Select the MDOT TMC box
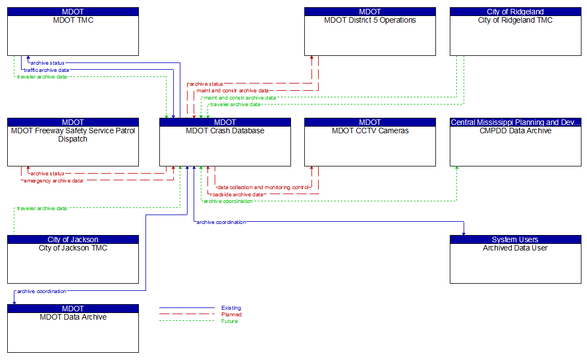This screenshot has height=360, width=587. point(72,35)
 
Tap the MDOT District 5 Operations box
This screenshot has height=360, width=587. point(370,35)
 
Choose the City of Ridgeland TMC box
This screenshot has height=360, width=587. point(515,35)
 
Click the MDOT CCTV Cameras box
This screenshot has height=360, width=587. point(370,146)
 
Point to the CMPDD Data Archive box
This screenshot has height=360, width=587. point(515,146)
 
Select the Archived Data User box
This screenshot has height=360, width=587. point(515,263)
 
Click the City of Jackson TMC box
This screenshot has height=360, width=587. point(72,263)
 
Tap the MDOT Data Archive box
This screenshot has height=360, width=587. point(72,332)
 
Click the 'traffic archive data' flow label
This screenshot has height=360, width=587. point(46,70)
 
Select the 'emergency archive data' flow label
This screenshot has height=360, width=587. point(53,181)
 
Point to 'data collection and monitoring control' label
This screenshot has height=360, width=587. point(263,187)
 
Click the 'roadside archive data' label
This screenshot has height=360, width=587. point(237,195)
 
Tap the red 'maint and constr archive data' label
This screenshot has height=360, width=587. point(233,90)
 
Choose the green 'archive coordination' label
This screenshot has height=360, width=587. point(228,201)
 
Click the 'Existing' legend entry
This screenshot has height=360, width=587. point(231,308)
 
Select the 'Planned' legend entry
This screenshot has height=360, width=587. point(231,315)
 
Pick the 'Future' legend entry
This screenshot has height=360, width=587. point(229,321)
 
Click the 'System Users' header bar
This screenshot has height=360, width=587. point(515,239)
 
